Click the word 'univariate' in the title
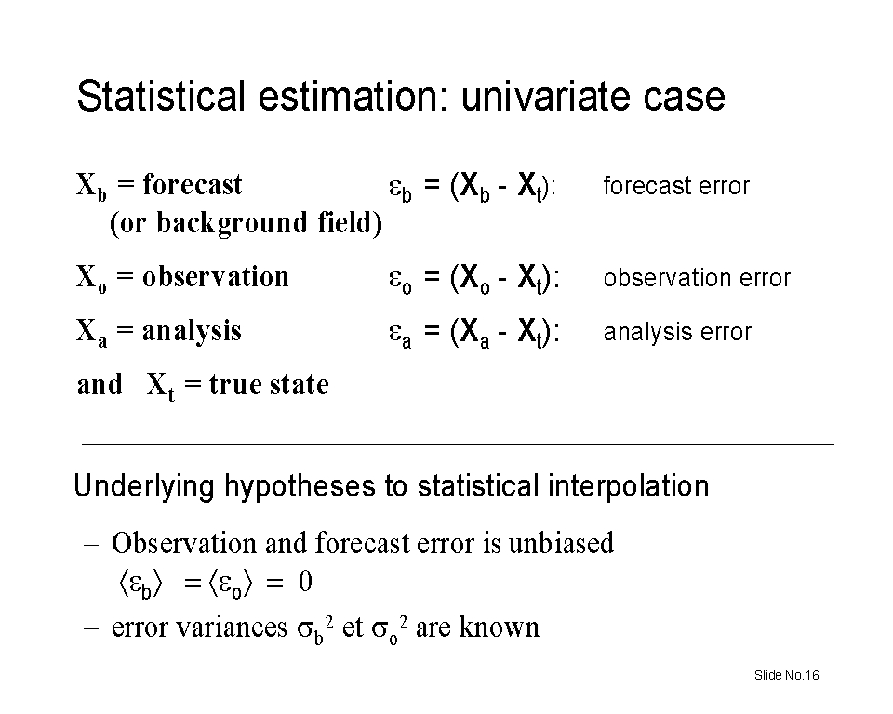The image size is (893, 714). click(546, 96)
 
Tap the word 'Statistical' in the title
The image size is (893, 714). click(161, 96)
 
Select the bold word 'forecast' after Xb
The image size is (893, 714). click(192, 184)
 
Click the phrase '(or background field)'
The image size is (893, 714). click(246, 222)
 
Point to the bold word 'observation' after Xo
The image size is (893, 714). click(215, 277)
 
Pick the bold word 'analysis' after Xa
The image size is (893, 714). click(192, 331)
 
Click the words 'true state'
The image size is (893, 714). click(269, 384)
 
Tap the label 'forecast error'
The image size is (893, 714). click(676, 186)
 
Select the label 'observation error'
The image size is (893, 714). click(697, 278)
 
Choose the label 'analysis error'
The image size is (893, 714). click(678, 332)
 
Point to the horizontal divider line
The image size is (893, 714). click(458, 444)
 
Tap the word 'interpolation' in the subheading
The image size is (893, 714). click(629, 487)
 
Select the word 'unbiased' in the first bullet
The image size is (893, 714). click(561, 543)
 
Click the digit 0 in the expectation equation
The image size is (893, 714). click(305, 582)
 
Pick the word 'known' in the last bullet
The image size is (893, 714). click(499, 628)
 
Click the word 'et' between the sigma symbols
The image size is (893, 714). click(353, 628)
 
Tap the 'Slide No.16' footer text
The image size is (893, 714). click(787, 675)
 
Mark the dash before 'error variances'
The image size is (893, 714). click(91, 628)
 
